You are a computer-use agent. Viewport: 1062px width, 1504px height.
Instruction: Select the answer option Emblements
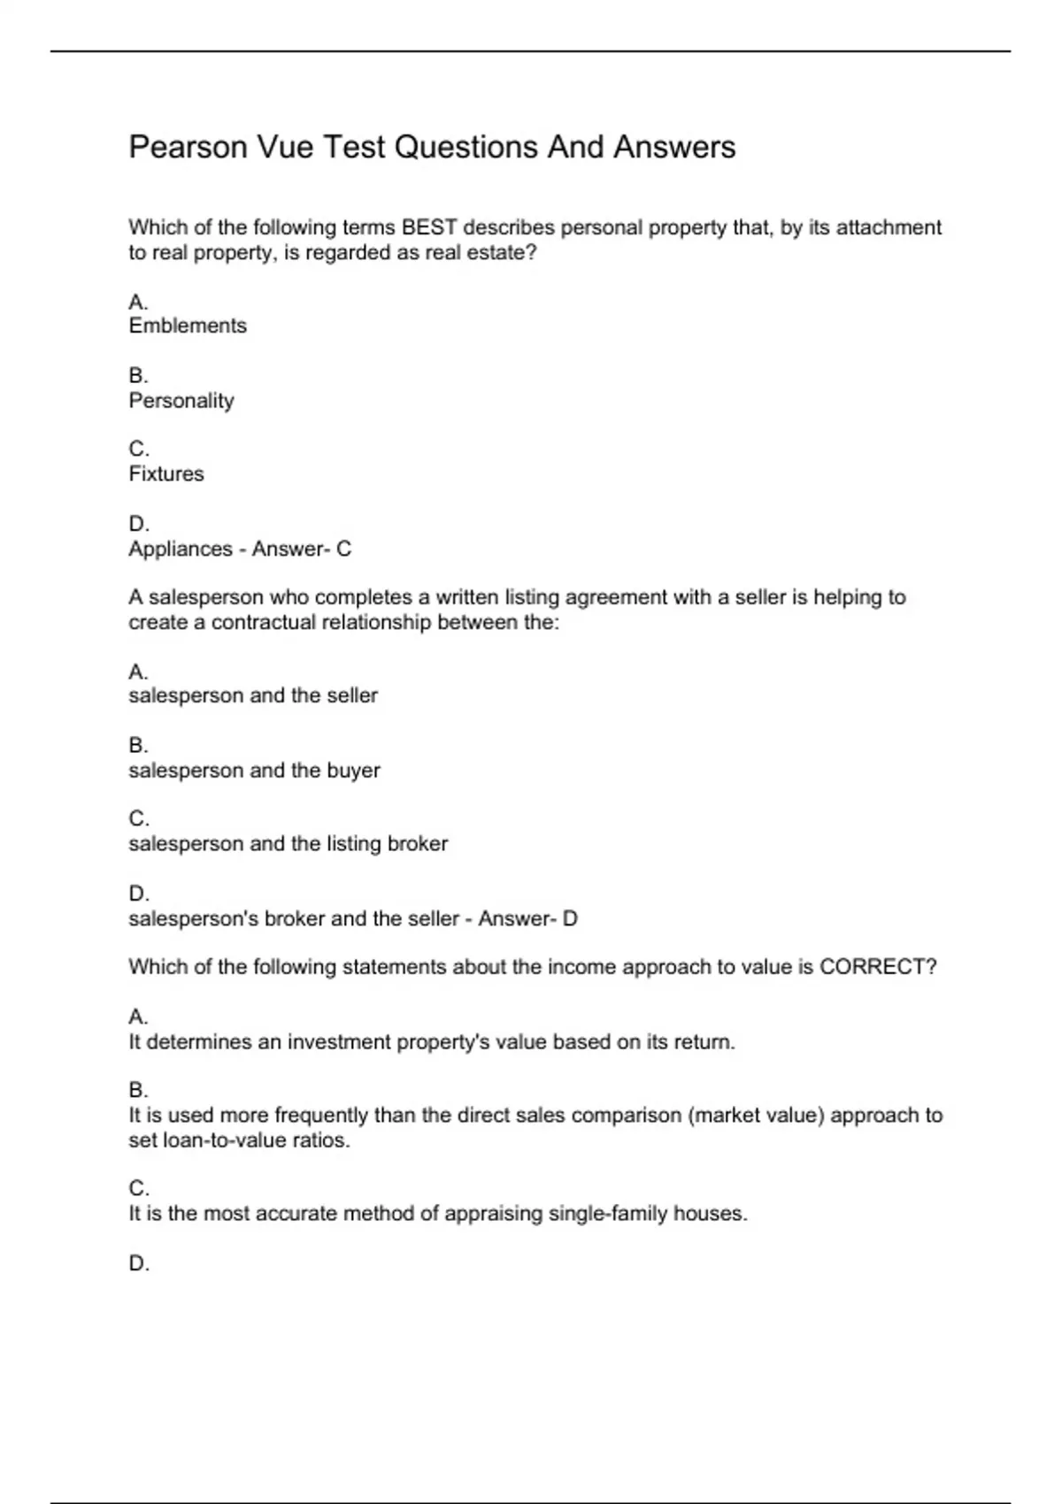pyautogui.click(x=188, y=326)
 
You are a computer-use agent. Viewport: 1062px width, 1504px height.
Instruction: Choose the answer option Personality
pyautogui.click(x=181, y=401)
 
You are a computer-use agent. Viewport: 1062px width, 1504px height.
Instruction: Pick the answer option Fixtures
pyautogui.click(x=166, y=474)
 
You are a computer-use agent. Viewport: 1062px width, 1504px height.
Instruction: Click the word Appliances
pyautogui.click(x=180, y=549)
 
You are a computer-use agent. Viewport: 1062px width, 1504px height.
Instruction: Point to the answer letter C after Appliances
pyautogui.click(x=343, y=549)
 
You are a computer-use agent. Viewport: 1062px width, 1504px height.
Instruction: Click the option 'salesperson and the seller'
pyautogui.click(x=253, y=696)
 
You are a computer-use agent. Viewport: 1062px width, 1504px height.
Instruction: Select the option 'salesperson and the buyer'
pyautogui.click(x=254, y=771)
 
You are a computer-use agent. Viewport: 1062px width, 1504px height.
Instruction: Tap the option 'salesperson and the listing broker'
pyautogui.click(x=288, y=844)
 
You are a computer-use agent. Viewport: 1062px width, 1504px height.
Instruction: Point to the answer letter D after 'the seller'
pyautogui.click(x=570, y=919)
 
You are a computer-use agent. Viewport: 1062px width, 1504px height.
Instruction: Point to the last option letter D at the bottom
pyautogui.click(x=138, y=1263)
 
